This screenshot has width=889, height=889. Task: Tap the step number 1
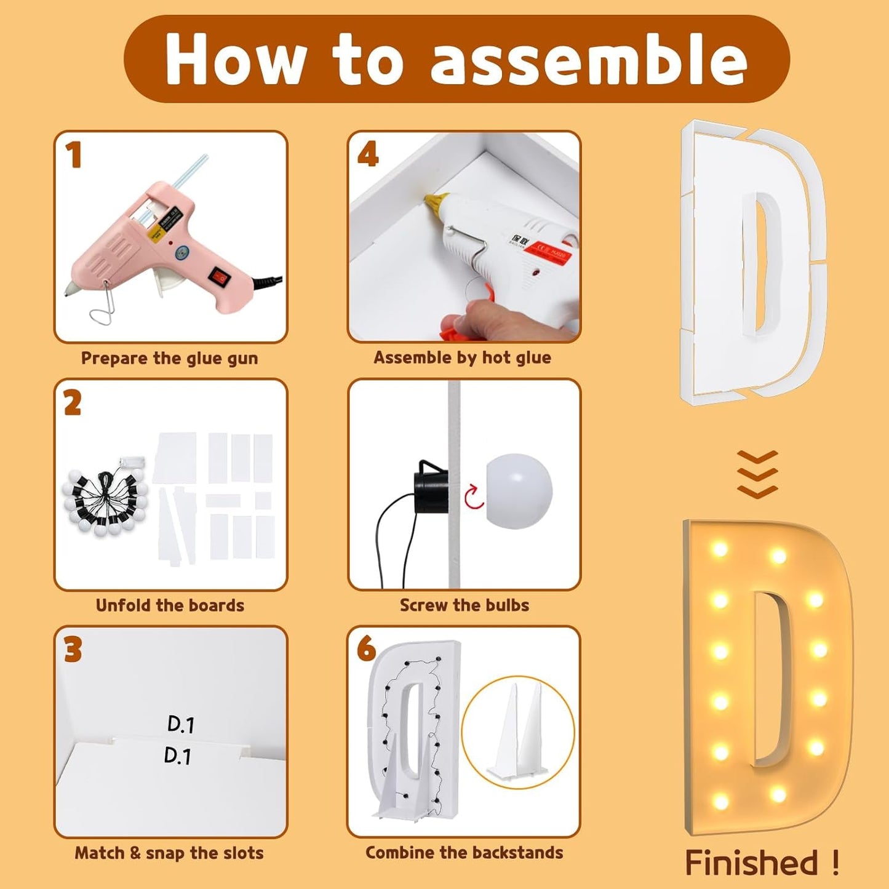click(x=74, y=155)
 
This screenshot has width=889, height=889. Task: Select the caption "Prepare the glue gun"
click(x=169, y=359)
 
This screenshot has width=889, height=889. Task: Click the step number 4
click(x=368, y=155)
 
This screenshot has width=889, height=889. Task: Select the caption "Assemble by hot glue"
click(x=462, y=358)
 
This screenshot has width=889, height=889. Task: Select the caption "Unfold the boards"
click(x=170, y=605)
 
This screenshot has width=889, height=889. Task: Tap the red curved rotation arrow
click(x=474, y=497)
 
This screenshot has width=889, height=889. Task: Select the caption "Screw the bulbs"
click(x=464, y=605)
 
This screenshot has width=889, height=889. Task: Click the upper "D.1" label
click(x=180, y=724)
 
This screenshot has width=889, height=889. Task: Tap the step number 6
click(x=366, y=648)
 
